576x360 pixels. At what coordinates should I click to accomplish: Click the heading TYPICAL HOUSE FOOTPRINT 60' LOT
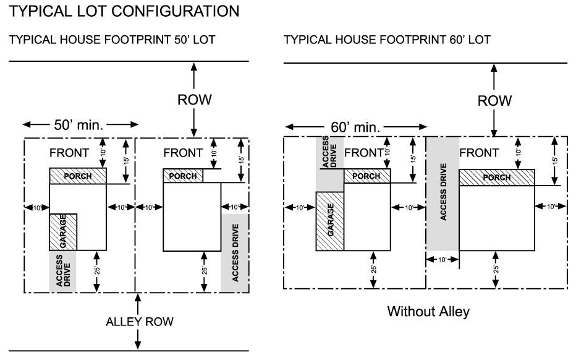[387, 40]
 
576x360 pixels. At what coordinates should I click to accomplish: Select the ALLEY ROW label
[140, 322]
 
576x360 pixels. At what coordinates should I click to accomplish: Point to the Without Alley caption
[428, 311]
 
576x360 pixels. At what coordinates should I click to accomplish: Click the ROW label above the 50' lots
[195, 100]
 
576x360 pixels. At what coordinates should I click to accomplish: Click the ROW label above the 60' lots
[495, 100]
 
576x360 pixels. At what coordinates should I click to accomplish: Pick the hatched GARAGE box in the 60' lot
[330, 221]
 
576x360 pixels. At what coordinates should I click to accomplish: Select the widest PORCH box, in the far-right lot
[497, 178]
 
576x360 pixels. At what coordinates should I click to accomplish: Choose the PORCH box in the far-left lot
[78, 176]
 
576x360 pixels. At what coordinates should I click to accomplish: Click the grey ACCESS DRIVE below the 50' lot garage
[63, 271]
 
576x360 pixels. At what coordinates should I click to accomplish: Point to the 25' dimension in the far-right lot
[496, 269]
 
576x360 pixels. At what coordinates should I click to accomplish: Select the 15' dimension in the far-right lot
[554, 160]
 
